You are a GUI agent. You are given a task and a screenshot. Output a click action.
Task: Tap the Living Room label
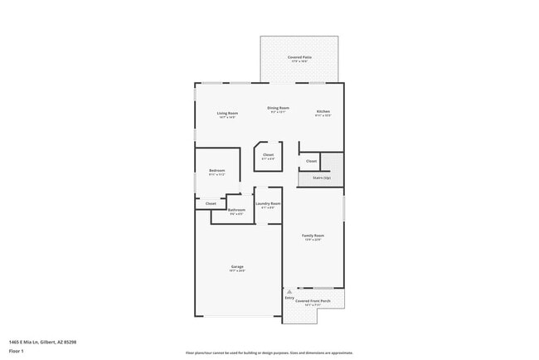tap(227, 114)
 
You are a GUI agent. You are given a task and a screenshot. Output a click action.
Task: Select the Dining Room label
tap(278, 108)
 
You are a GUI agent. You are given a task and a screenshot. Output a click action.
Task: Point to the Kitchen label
tap(323, 112)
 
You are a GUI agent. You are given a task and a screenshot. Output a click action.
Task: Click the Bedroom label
tap(217, 171)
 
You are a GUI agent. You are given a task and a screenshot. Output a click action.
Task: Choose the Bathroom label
tap(236, 211)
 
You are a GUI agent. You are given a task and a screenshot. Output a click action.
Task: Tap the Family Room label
tap(313, 236)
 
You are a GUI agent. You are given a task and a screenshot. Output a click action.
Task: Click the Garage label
tap(237, 266)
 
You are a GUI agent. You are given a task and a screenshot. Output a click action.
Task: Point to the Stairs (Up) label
tap(321, 178)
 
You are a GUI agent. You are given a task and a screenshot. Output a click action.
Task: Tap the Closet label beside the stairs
tap(311, 161)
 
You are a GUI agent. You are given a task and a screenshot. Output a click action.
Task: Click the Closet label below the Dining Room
tap(268, 155)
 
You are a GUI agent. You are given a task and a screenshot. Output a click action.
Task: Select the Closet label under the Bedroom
tap(211, 203)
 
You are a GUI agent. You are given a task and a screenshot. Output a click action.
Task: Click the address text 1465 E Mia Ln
tap(43, 341)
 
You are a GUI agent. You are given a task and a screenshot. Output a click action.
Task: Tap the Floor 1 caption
tap(17, 351)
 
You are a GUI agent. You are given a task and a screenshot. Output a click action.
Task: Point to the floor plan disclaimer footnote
tap(269, 352)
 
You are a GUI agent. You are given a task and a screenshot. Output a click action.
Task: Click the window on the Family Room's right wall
tap(343, 207)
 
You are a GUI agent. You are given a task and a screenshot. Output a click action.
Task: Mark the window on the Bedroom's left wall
tap(195, 181)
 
